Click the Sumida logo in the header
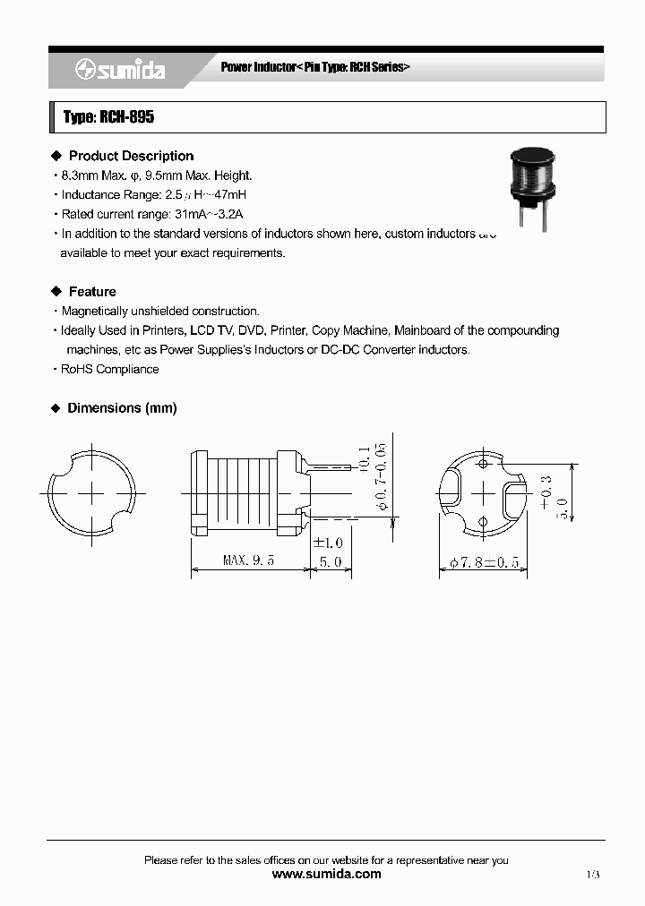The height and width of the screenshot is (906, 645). pos(120,70)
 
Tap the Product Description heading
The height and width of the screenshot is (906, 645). pos(131,156)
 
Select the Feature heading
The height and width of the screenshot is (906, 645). pos(92,292)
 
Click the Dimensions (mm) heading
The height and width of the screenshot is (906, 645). pos(122,408)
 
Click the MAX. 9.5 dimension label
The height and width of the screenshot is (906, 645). pos(248,561)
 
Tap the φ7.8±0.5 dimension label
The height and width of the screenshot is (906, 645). pos(483,562)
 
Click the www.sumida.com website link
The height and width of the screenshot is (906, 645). pos(326,874)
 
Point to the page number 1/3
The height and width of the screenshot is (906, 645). pos(593,874)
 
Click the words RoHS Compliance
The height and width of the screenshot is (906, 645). pos(109,369)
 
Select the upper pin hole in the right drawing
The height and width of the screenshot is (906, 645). pos(483,464)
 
